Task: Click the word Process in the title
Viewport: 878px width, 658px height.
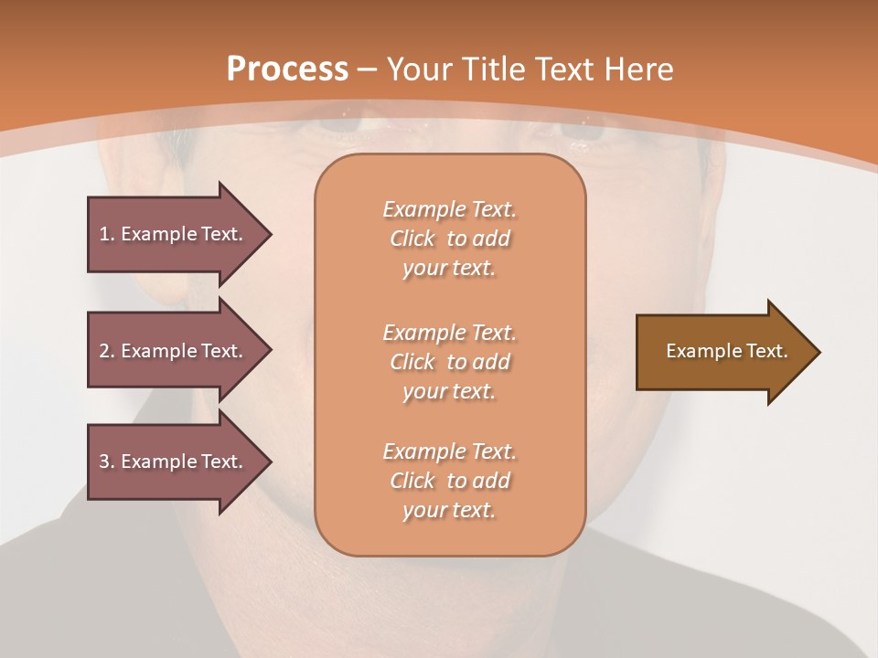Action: coord(287,69)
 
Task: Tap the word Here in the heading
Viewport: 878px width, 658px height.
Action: coord(639,69)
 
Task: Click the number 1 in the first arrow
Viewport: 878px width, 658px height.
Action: coord(104,234)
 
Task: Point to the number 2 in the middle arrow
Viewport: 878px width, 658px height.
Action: coord(104,351)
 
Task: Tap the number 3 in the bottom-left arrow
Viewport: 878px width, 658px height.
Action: coord(104,462)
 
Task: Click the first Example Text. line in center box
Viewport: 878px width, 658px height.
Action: coord(449,209)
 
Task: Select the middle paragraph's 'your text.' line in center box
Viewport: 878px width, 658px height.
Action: coord(449,391)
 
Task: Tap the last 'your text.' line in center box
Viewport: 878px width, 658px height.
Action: coord(449,510)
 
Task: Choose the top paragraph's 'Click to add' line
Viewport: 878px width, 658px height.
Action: coord(449,239)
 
